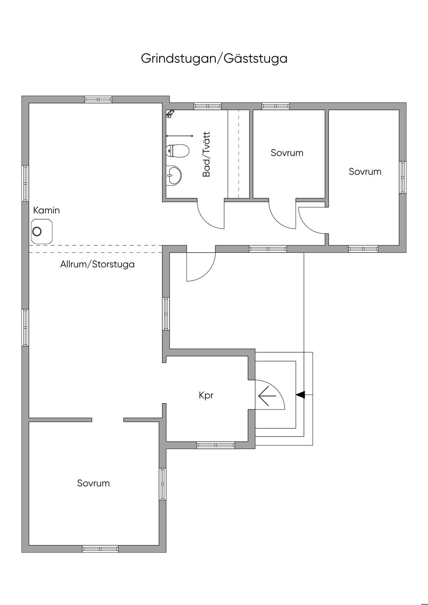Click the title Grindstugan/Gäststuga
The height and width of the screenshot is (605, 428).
point(214,58)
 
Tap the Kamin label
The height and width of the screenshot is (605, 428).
point(46,210)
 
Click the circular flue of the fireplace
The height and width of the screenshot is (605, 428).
point(37,231)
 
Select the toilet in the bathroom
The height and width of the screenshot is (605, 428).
point(177,151)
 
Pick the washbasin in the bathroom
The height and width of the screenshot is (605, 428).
point(173,175)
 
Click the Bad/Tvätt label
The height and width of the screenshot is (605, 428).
point(206,154)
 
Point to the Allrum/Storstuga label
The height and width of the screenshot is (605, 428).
point(97,264)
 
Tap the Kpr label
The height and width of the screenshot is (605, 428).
point(206,395)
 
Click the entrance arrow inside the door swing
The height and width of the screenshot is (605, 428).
point(267,396)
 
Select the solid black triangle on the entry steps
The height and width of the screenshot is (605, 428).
point(300,395)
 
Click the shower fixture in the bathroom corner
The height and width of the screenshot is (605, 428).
point(170,114)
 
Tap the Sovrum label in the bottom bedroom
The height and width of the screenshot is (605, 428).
point(94,483)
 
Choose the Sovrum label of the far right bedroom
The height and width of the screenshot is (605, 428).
point(365,171)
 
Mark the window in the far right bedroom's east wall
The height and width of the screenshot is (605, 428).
point(403,178)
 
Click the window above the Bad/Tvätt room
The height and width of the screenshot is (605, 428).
point(207,106)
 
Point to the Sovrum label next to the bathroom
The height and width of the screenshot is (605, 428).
point(287,153)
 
